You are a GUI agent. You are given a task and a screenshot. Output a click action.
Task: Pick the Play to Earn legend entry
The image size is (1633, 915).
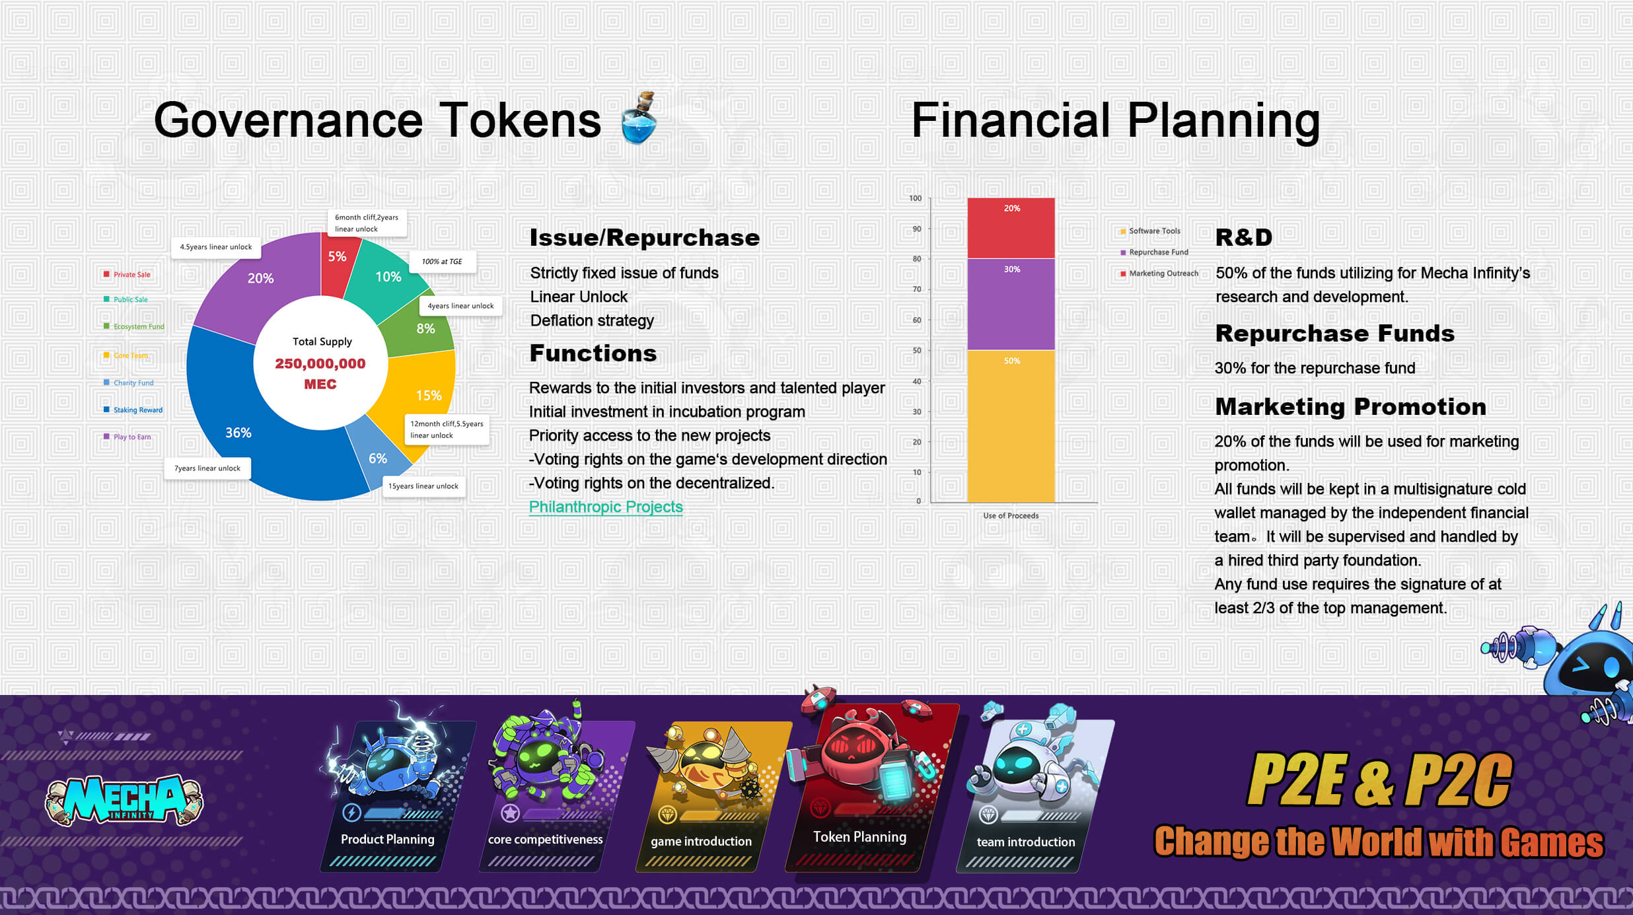pyautogui.click(x=127, y=437)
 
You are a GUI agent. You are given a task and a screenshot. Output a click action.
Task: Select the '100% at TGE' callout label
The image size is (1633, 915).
pyautogui.click(x=443, y=262)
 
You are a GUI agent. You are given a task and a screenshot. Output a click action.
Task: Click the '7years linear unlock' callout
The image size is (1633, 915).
pyautogui.click(x=207, y=468)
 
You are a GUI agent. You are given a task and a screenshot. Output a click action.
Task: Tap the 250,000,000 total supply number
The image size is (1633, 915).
pyautogui.click(x=320, y=363)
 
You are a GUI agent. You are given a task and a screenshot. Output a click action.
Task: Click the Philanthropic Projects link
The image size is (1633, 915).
pyautogui.click(x=606, y=507)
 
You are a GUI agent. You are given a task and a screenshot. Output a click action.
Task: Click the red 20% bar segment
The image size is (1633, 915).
pyautogui.click(x=1011, y=228)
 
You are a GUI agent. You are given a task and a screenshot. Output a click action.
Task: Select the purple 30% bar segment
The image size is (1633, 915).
pyautogui.click(x=1011, y=304)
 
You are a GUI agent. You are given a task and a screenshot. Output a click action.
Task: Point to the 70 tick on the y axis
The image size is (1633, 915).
pyautogui.click(x=917, y=289)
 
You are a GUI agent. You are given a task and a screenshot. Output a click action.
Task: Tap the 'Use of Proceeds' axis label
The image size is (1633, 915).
pyautogui.click(x=1011, y=516)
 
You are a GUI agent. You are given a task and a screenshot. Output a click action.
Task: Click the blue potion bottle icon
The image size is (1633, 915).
pyautogui.click(x=639, y=118)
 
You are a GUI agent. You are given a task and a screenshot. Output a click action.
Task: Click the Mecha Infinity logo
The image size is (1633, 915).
pyautogui.click(x=124, y=800)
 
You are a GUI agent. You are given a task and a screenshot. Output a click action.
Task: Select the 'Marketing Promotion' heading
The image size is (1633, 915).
pyautogui.click(x=1350, y=407)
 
